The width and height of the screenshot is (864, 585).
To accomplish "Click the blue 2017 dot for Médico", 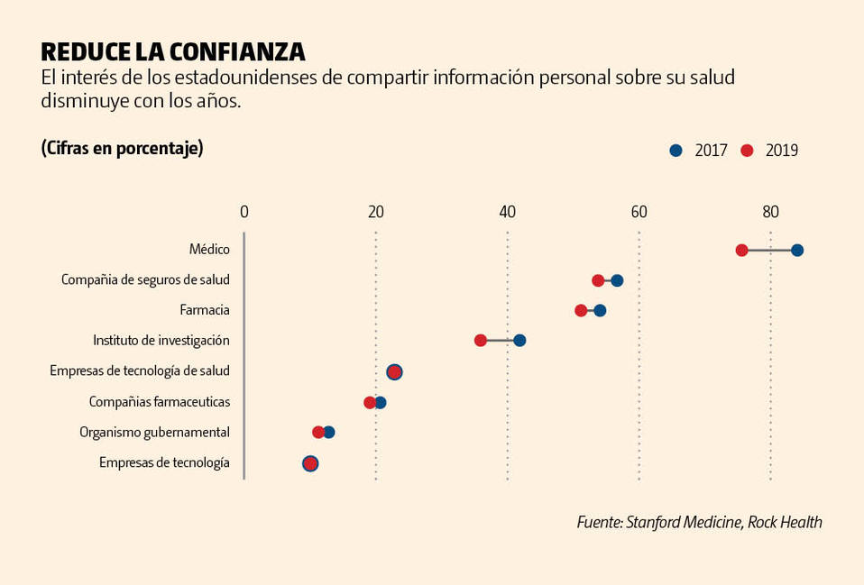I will click(797, 251).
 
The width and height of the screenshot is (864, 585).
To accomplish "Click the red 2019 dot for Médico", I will click(741, 251).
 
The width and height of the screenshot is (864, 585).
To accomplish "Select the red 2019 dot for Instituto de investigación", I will click(481, 341).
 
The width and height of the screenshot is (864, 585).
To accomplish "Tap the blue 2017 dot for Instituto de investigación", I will click(519, 341).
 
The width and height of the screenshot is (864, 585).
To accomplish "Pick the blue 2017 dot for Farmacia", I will click(600, 311).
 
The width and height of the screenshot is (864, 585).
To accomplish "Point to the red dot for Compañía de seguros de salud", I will click(598, 280).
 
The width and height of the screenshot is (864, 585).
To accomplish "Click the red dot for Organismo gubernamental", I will click(318, 433).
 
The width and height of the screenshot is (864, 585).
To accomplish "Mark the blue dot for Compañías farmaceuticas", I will click(381, 402).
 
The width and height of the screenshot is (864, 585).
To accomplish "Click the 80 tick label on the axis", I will click(770, 213).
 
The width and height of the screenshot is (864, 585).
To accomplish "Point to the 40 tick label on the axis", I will click(507, 213).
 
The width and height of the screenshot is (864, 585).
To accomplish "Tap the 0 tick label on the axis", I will click(244, 213).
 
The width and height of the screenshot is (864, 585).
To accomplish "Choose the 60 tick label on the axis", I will click(639, 213).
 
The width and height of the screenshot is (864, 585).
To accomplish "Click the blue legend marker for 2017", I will click(676, 151).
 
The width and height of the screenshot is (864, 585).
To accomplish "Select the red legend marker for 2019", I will click(746, 151).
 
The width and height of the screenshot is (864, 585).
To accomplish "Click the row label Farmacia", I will click(205, 310).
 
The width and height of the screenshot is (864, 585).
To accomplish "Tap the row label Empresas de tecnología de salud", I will click(140, 370).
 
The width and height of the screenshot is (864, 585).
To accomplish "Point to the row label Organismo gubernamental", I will click(154, 432).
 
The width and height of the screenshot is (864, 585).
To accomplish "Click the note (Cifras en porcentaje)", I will click(122, 148).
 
